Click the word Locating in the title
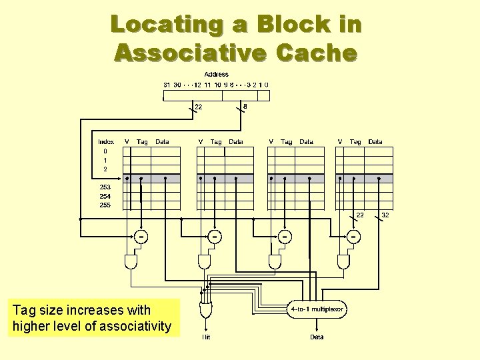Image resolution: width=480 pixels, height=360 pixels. pyautogui.click(x=157, y=25)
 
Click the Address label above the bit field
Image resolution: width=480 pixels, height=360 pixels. pyautogui.click(x=216, y=75)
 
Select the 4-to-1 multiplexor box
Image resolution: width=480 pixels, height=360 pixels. pyautogui.click(x=317, y=309)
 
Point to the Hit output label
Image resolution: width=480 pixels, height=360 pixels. pyautogui.click(x=207, y=337)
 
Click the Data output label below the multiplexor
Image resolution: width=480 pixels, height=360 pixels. pyautogui.click(x=317, y=337)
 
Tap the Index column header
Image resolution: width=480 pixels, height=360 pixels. pyautogui.click(x=105, y=141)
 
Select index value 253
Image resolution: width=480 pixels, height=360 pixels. pyautogui.click(x=105, y=187)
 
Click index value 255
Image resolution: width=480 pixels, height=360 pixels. pyautogui.click(x=105, y=205)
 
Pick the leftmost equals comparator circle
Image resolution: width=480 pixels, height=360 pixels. pyautogui.click(x=141, y=237)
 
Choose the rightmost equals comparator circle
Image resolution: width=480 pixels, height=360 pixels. pyautogui.click(x=353, y=237)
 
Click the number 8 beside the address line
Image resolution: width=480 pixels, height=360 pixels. pyautogui.click(x=245, y=106)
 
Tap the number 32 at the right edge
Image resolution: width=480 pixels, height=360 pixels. pyautogui.click(x=385, y=215)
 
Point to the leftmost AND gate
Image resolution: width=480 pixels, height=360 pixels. pyautogui.click(x=131, y=261)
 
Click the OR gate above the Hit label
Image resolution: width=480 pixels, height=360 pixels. pyautogui.click(x=207, y=309)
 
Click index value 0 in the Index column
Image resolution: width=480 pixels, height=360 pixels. pyautogui.click(x=105, y=151)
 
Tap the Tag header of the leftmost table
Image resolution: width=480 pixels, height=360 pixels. pyautogui.click(x=142, y=141)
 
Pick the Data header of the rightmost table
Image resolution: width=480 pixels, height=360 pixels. pyautogui.click(x=375, y=141)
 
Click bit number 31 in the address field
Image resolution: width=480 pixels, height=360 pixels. pyautogui.click(x=167, y=85)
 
